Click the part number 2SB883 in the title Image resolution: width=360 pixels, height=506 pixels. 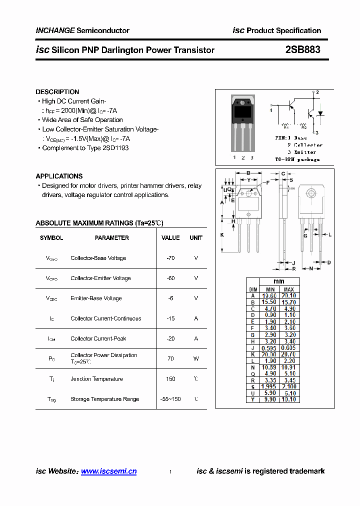[x=302, y=50]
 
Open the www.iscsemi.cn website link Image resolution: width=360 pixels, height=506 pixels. [x=108, y=471]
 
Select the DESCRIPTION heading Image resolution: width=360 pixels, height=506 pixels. [x=57, y=92]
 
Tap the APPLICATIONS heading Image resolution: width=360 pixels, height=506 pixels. [x=59, y=176]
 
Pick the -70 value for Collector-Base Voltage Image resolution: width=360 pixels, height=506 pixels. [x=170, y=258]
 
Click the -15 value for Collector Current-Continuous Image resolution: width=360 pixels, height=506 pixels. [x=170, y=318]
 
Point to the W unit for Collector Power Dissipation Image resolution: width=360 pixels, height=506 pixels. [x=196, y=358]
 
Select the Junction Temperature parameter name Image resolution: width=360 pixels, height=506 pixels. [x=96, y=379]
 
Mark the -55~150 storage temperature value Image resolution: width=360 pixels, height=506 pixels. [x=170, y=399]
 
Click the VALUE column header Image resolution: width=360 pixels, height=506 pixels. [x=170, y=238]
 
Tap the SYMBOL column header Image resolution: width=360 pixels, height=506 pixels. [x=51, y=238]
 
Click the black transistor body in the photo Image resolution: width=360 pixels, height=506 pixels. [x=243, y=110]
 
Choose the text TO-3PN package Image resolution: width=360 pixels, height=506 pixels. [x=297, y=159]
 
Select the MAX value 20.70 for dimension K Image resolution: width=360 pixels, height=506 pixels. [x=288, y=354]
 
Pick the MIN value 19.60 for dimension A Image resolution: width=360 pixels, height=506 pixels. [x=270, y=295]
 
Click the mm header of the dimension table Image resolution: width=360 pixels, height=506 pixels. [x=279, y=281]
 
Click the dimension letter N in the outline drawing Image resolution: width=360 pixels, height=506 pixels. [x=311, y=268]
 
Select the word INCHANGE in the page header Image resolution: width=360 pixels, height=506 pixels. [x=55, y=30]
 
